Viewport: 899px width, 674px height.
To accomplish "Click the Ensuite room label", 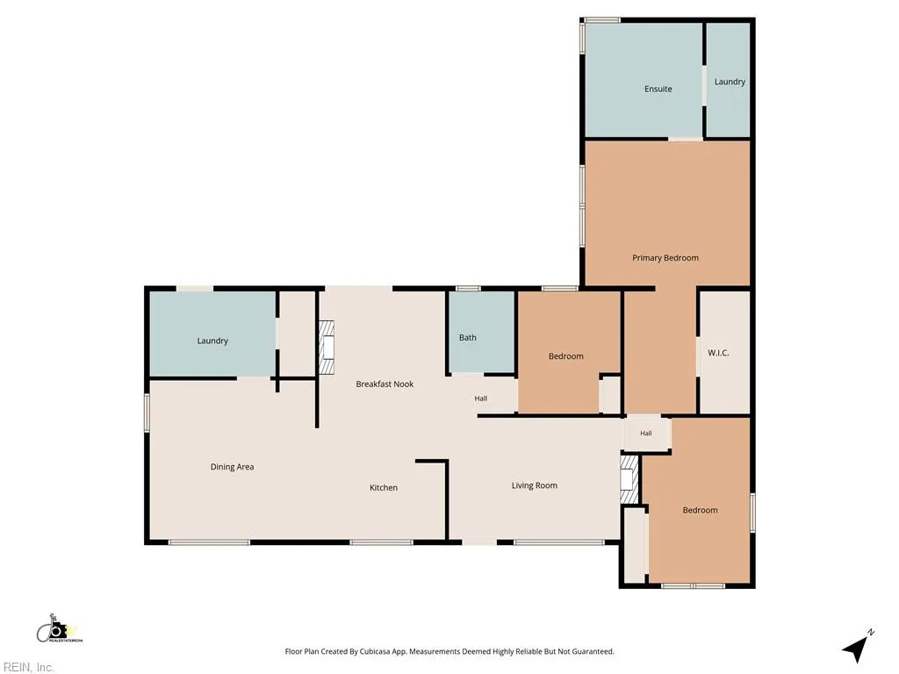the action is tap(658, 89).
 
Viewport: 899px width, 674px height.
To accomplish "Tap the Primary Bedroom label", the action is tap(665, 258).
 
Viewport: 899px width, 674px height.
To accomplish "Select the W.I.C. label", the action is tap(718, 353).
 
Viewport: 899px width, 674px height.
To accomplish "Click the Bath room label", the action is tap(467, 338).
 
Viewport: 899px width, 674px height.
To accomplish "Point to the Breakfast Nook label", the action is tap(385, 384).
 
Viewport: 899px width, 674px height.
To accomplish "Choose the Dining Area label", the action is tap(232, 467).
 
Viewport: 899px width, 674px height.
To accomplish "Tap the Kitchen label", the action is tap(383, 488).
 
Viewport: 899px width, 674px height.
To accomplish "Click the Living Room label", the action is tap(535, 485).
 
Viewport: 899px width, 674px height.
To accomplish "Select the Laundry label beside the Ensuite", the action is tap(730, 82).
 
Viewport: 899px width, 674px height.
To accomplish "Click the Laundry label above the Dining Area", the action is tap(212, 341).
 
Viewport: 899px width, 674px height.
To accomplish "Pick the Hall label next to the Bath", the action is tap(480, 398).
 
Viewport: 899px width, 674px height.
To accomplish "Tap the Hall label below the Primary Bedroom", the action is tap(645, 434).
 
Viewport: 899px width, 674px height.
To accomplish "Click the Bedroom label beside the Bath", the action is tap(565, 356).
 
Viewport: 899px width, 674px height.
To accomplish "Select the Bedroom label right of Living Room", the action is tap(700, 510).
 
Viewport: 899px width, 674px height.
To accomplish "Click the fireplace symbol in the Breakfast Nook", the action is tap(327, 348).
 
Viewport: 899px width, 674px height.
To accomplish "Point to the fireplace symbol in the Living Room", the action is tap(629, 480).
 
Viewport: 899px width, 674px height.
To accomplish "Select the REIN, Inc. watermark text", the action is tap(28, 667).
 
